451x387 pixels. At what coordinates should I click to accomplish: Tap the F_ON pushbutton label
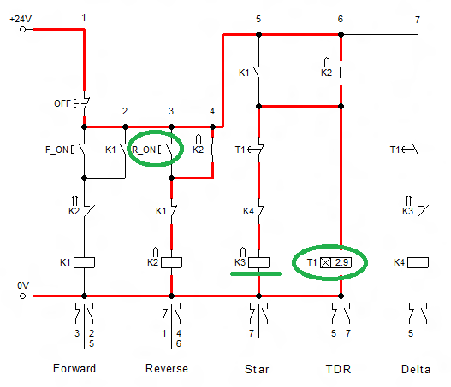tap(56, 150)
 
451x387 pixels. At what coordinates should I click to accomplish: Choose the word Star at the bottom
tap(258, 369)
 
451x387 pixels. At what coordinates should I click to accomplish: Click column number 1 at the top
tap(84, 17)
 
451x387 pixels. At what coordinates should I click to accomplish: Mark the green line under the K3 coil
tap(257, 274)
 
